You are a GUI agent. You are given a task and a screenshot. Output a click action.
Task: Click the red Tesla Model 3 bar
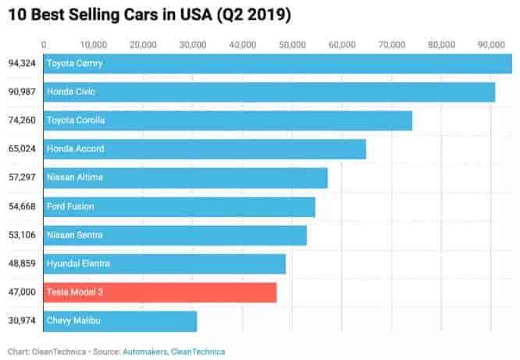tap(160, 292)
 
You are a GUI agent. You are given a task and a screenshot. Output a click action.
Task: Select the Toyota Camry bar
tap(277, 63)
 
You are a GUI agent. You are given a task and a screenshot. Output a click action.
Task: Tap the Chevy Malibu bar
tap(120, 321)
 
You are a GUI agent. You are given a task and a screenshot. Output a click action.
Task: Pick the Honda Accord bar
tap(205, 149)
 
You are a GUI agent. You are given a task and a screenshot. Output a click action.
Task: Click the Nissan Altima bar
tap(185, 177)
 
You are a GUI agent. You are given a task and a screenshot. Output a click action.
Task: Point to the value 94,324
tap(20, 63)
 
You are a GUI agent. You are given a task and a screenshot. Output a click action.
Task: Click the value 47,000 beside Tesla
tap(20, 292)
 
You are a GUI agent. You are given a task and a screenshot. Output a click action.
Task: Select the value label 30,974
tap(20, 321)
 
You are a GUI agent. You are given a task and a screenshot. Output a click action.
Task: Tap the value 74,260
tap(20, 120)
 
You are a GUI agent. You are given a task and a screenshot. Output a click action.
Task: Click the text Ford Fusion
tap(70, 206)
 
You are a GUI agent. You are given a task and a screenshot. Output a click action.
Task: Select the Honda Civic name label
tap(71, 92)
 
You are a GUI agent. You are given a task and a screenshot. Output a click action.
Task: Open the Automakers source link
tap(144, 351)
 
